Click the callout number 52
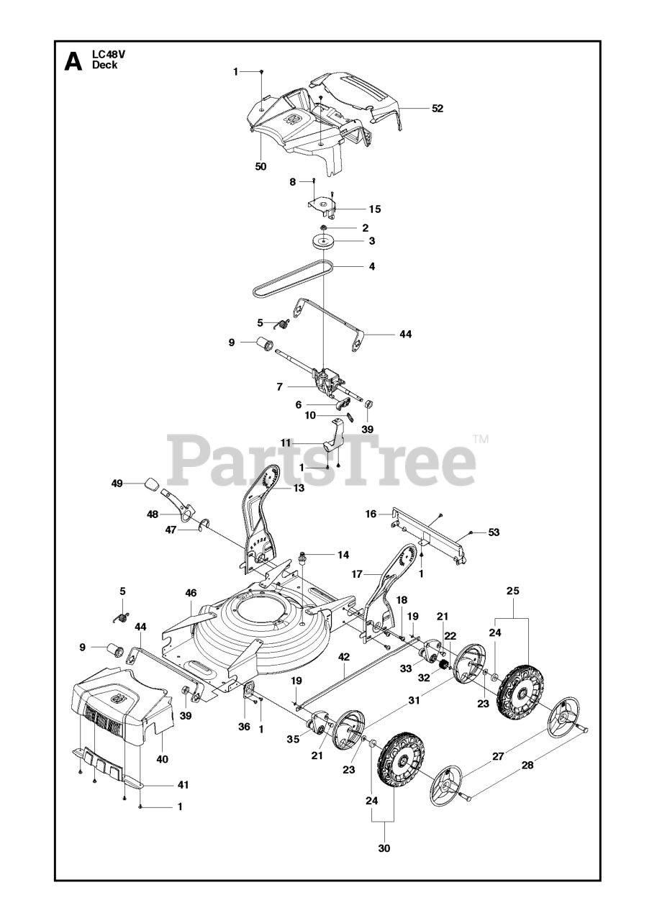coord(438,109)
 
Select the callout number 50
coord(260,166)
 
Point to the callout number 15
coord(375,209)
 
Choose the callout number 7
coord(279,387)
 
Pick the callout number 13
coord(299,488)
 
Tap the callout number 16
coord(371,514)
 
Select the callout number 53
coord(494,532)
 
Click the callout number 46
coord(191,593)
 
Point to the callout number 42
coord(344,656)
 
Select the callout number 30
coord(384,848)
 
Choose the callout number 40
coord(162,758)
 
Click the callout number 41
coord(183,784)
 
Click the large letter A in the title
coord(73,61)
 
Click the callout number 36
coord(244,727)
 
